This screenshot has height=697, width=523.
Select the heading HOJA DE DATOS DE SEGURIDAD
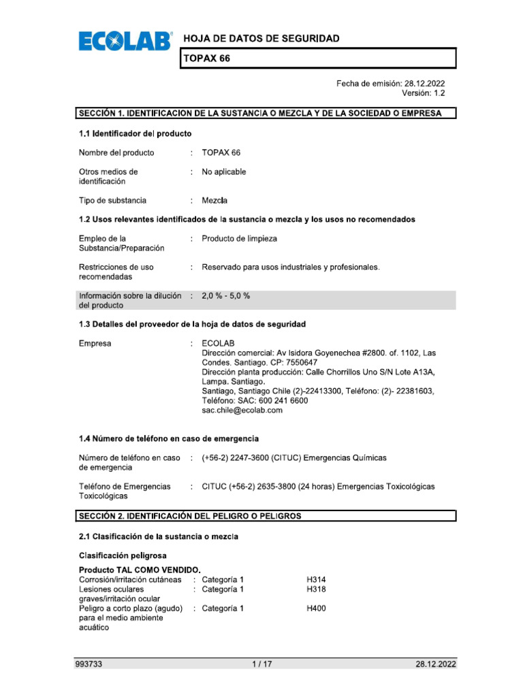261,39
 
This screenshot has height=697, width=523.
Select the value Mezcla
215,201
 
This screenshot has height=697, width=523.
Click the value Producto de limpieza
239,239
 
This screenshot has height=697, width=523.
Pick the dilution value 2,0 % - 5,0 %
226,296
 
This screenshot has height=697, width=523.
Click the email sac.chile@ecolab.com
242,410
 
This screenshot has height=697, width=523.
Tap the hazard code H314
316,579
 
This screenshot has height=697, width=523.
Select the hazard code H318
316,589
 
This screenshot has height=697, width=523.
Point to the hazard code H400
316,609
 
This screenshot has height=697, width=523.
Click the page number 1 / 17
261,664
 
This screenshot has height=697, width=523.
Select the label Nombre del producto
116,152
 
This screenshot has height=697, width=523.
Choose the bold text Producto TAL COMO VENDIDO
140,570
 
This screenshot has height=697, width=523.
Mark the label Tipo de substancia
112,201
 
